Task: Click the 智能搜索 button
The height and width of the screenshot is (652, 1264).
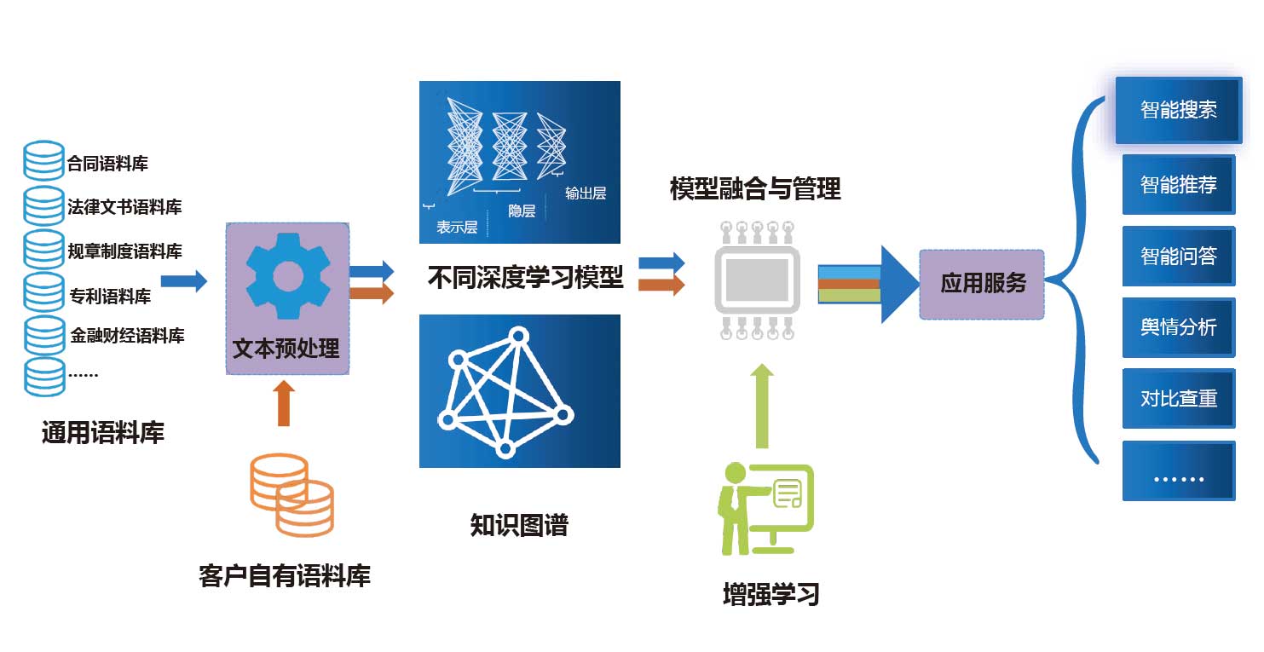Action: click(1178, 110)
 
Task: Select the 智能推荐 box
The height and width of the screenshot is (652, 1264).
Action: click(1178, 184)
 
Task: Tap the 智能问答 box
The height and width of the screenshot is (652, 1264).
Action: click(1178, 256)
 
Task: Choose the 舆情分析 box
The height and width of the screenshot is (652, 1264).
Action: click(1178, 327)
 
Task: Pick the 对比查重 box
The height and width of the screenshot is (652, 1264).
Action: click(1178, 398)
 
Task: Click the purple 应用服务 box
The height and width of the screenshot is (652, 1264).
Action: click(982, 284)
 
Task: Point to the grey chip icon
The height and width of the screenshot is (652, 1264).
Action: click(756, 278)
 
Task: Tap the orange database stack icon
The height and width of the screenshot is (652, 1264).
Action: click(291, 495)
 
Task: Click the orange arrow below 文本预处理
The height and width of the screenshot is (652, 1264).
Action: click(284, 404)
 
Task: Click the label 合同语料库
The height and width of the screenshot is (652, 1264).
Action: click(107, 164)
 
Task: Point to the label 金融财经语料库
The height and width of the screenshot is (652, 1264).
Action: click(127, 336)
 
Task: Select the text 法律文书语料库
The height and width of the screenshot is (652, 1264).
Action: click(124, 207)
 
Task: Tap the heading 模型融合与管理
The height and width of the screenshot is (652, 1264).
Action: click(755, 188)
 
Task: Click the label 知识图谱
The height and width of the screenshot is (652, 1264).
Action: click(518, 525)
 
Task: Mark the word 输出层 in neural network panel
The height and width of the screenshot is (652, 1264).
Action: click(585, 193)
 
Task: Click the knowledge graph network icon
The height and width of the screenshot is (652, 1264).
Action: click(503, 391)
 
